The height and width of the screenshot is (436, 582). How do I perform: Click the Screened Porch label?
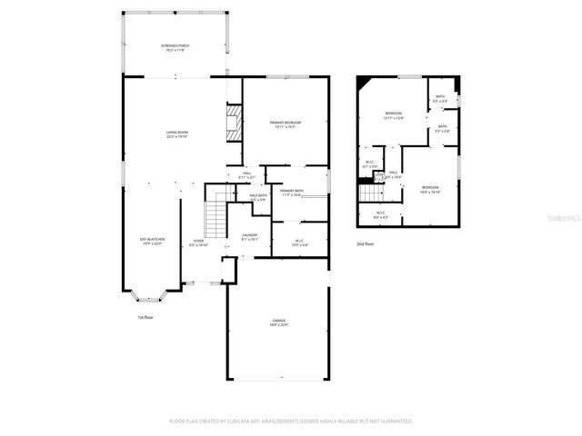click(x=176, y=47)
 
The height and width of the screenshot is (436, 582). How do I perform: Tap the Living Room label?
click(x=176, y=134)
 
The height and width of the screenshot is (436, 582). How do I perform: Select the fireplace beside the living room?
click(x=235, y=123)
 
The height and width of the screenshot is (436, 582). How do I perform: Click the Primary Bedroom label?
click(x=285, y=124)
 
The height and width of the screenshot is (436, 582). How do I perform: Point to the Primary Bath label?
click(x=292, y=192)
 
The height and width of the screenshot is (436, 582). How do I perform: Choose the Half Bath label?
click(x=257, y=197)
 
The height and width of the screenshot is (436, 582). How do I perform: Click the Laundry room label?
click(x=249, y=237)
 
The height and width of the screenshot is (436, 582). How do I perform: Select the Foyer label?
click(x=197, y=243)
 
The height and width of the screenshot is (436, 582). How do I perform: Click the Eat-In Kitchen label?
click(x=151, y=241)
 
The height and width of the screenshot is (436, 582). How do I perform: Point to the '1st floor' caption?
click(x=146, y=317)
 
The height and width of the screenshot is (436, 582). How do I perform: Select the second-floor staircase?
click(x=368, y=192)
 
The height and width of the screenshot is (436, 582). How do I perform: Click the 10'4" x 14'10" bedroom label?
click(x=430, y=190)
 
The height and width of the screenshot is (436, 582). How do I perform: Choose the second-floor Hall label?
click(x=393, y=173)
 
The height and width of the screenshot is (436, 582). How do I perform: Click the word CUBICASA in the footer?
click(x=239, y=421)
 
